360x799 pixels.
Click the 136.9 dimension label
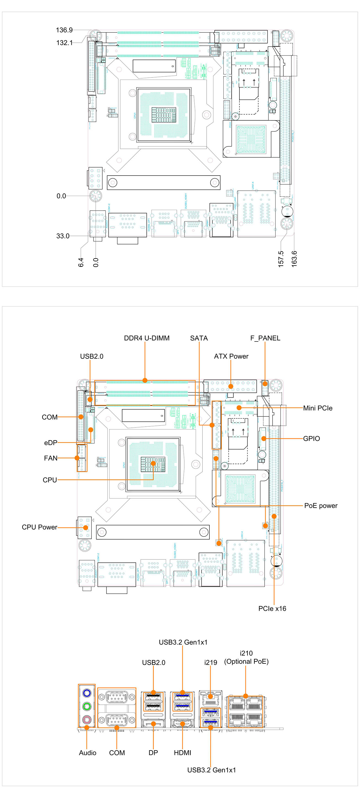[x=64, y=30]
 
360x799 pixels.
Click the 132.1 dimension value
[x=64, y=43]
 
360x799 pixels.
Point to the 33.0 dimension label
[x=63, y=236]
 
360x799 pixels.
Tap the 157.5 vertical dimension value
[x=281, y=259]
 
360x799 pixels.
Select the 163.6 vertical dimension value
[x=294, y=259]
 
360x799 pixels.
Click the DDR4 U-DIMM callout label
[x=147, y=338]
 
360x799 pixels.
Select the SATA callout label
[x=199, y=338]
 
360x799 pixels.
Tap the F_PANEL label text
[x=265, y=338]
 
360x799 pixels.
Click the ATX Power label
[x=231, y=356]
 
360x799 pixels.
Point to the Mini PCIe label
[x=318, y=408]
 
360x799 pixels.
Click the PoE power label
[x=321, y=505]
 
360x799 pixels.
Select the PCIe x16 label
[x=272, y=609]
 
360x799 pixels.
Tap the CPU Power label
[x=39, y=527]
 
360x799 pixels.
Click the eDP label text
[x=50, y=443]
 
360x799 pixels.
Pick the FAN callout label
[x=50, y=458]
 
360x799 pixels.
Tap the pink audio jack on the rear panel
[x=87, y=719]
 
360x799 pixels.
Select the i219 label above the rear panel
[x=210, y=663]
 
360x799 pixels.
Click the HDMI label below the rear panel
[x=183, y=753]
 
